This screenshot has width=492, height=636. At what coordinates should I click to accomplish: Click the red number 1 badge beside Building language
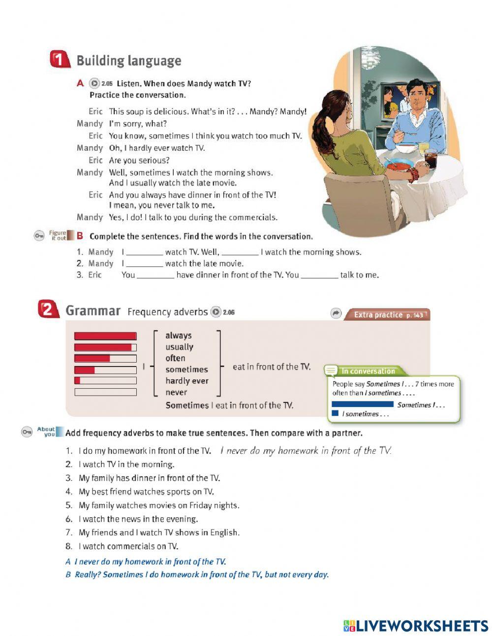pos(59,60)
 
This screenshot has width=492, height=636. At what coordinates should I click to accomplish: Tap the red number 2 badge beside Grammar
pos(47,310)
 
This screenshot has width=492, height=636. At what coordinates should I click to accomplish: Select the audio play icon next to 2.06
pos(215,312)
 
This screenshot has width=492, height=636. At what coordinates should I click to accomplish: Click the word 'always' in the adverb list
pos(178,335)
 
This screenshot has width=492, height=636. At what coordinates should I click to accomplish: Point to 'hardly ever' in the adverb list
pos(186,381)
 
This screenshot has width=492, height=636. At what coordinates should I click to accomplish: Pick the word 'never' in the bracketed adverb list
pos(176,392)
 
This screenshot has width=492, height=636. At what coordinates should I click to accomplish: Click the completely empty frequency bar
pos(105,392)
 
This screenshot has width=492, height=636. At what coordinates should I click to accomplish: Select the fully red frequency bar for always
pos(105,335)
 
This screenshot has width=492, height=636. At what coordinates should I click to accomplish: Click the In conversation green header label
pos(368,371)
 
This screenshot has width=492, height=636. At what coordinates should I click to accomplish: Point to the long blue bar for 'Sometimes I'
pos(363,404)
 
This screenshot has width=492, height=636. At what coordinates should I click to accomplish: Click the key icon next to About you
pos(27,432)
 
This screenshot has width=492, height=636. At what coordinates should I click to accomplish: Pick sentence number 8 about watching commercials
pos(128,546)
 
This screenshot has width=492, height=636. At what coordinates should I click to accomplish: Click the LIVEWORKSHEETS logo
pos(416,626)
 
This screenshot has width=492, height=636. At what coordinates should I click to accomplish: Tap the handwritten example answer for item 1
pos(305,450)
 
